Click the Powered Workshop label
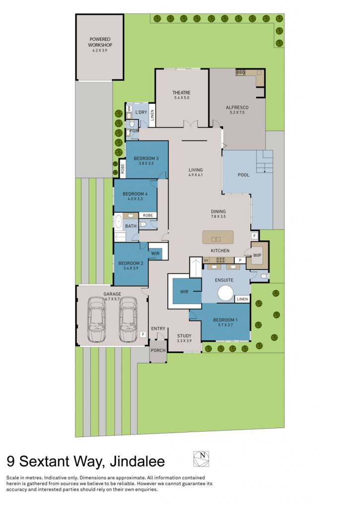coord(100,42)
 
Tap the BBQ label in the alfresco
coord(241,72)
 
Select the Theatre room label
coord(181,93)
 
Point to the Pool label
coord(244,175)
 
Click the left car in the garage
coord(97,319)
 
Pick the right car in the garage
coord(128,319)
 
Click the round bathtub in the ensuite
coord(225,293)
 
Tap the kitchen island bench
coord(218,237)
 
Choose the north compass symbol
coord(201,459)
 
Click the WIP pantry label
coord(257,255)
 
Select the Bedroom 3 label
coord(146,158)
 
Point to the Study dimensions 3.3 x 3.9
coord(184,341)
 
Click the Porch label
coord(158,350)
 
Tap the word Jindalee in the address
coord(137,461)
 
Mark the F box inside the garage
coord(143,334)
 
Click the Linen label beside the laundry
coord(152,115)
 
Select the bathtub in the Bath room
coord(118,223)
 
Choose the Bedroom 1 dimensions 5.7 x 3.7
coord(225,324)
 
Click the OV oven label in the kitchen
coord(206,260)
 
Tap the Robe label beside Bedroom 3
coord(123,169)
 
